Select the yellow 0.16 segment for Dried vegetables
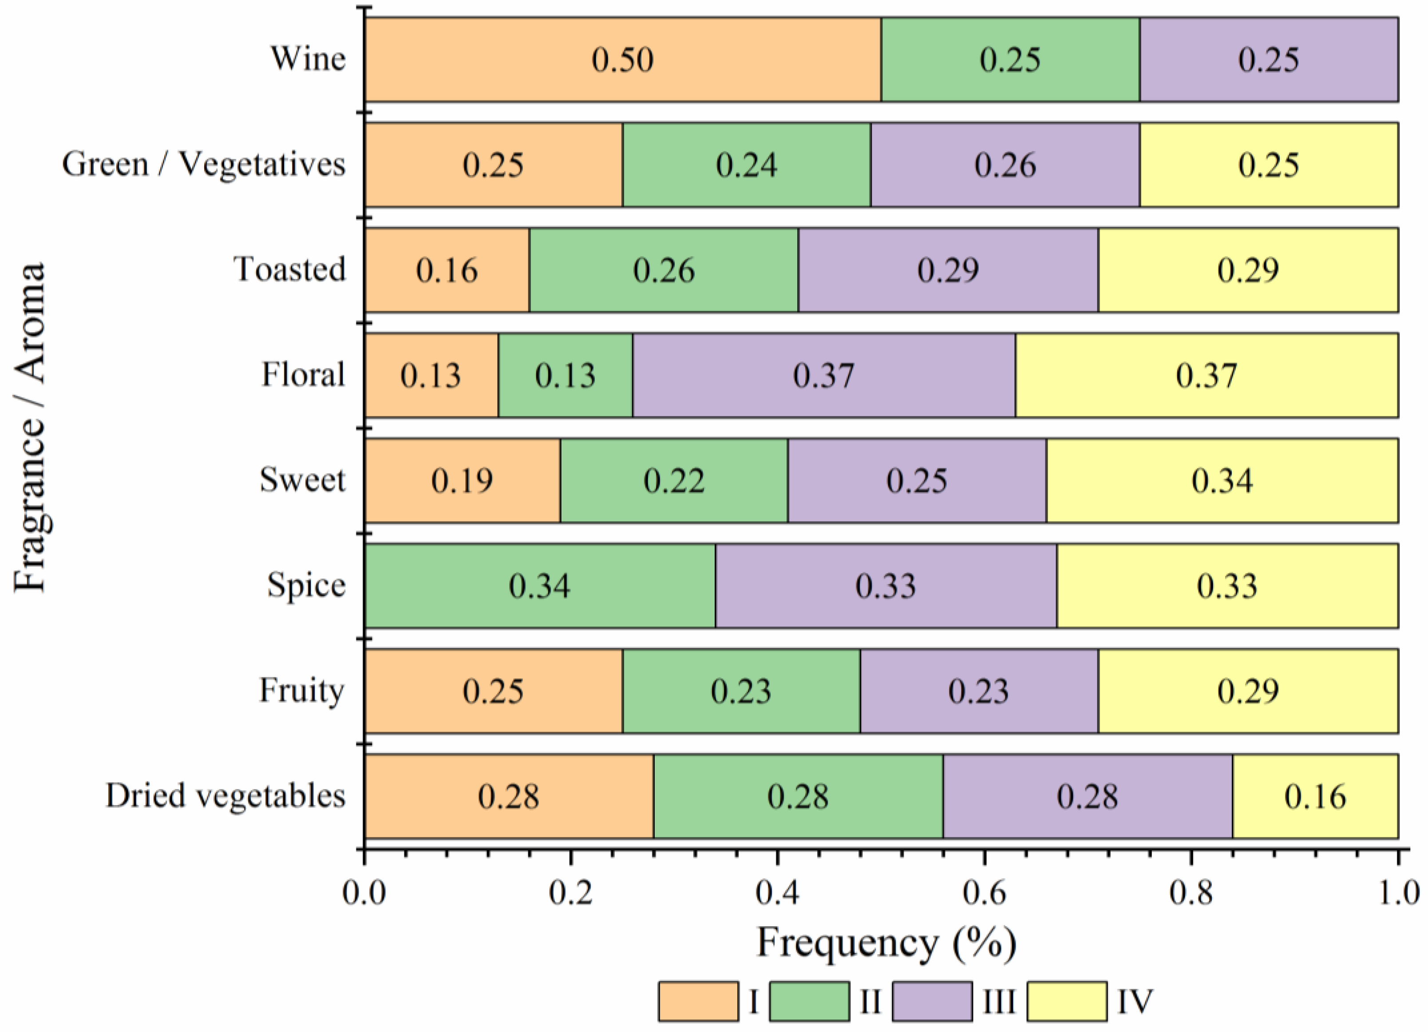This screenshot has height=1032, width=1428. [1315, 796]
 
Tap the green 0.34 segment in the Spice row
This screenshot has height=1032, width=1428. [540, 585]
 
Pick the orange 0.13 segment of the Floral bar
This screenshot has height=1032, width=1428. [431, 375]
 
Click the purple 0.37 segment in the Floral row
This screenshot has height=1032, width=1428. [823, 375]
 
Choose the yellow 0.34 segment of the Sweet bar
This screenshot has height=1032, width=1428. [1222, 480]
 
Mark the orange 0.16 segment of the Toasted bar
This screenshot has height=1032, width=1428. [447, 270]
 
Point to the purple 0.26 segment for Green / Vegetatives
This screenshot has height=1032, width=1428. [1005, 165]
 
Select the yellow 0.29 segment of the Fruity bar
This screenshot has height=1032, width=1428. [1248, 691]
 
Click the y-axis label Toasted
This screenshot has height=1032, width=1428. [290, 269]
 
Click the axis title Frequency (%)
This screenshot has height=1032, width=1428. [886, 944]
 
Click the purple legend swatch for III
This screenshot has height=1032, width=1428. [932, 1001]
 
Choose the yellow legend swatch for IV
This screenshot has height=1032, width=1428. [1067, 1001]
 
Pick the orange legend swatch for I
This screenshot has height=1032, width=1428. [698, 1001]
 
